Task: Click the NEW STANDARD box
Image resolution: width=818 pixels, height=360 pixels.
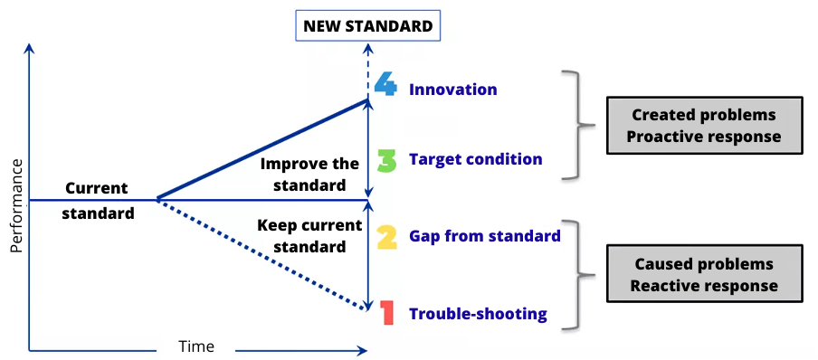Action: (x=368, y=25)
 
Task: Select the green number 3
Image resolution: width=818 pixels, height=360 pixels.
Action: (x=386, y=160)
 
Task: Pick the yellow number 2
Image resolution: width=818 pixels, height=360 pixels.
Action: (x=386, y=237)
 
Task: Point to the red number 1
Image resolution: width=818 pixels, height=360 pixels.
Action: (x=386, y=312)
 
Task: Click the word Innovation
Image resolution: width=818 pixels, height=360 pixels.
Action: (x=452, y=90)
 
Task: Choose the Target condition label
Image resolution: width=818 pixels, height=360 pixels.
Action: (x=476, y=159)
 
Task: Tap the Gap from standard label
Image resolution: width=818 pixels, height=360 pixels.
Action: (x=485, y=236)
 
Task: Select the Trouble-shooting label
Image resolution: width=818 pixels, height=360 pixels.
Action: (x=479, y=314)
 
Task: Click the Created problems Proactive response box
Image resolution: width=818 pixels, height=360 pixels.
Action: (x=704, y=125)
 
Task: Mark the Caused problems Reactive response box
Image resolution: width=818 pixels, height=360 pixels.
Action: (x=704, y=273)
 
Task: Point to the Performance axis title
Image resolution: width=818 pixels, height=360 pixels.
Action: (x=16, y=206)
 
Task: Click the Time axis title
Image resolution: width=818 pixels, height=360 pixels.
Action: (x=196, y=346)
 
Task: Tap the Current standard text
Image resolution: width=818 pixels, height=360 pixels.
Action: (x=98, y=201)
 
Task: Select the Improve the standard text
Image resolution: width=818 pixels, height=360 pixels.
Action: (x=309, y=175)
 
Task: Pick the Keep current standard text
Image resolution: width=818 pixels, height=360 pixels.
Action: (x=309, y=236)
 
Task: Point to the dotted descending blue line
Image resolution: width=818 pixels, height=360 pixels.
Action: (x=262, y=254)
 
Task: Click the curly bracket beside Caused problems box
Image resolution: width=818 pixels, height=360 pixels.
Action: (x=579, y=274)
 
